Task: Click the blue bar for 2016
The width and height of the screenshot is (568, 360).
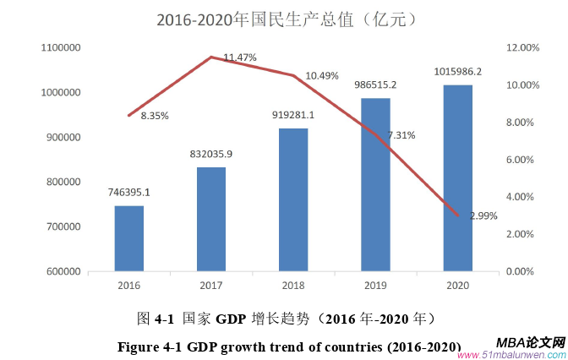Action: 129,238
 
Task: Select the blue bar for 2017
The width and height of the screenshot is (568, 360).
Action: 211,219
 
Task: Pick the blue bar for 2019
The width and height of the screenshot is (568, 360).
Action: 375,184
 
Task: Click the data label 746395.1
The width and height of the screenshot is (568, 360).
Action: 129,193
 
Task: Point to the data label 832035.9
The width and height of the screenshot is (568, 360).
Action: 211,154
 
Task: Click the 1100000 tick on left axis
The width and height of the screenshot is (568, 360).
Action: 60,48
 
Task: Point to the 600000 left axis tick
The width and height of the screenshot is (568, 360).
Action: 63,272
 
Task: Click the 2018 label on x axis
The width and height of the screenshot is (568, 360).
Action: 293,287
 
